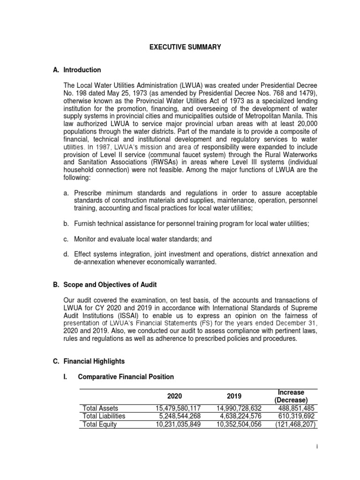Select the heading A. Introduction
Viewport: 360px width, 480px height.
(77, 70)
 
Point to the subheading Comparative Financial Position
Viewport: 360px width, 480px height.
(126, 377)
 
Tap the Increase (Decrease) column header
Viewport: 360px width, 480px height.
(291, 396)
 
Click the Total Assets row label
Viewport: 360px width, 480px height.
(100, 408)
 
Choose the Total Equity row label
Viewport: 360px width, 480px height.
(99, 424)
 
